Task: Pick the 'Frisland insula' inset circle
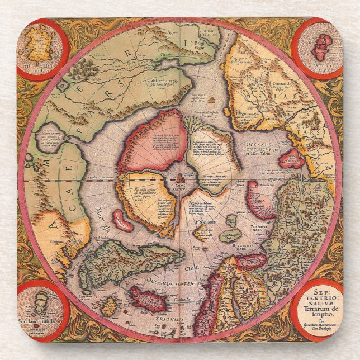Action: [41, 50]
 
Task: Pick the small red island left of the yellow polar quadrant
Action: [122, 220]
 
